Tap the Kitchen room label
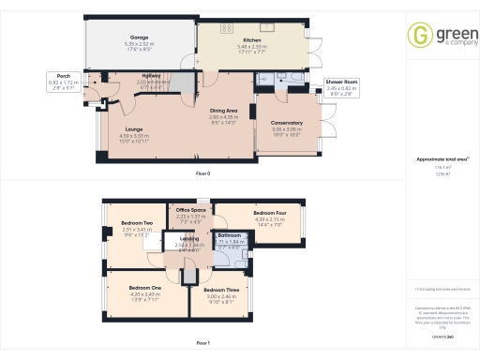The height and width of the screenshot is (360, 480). [x=252, y=40]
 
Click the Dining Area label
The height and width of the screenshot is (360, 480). [x=225, y=111]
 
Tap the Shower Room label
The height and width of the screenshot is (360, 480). [x=342, y=82]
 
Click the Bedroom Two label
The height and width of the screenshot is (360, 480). [x=137, y=223]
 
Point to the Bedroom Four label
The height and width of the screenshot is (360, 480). [x=269, y=213]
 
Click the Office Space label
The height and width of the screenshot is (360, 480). [x=190, y=210]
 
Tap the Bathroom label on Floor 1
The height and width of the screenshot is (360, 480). [x=230, y=235]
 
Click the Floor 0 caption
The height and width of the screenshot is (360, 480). [x=202, y=174]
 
